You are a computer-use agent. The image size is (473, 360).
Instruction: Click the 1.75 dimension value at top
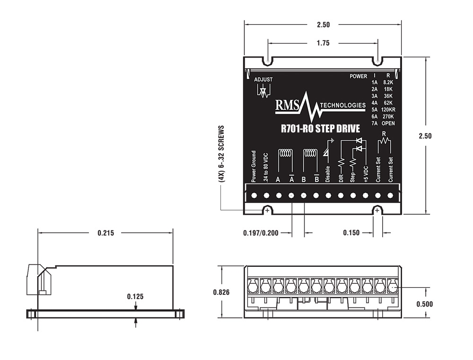pos(323,43)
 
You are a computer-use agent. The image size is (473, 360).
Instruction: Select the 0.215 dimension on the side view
pos(105,233)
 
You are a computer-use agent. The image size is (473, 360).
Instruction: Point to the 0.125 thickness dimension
pos(135,297)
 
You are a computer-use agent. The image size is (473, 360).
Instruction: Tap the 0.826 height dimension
pos(220,292)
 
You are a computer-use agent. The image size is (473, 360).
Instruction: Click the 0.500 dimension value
pos(424,304)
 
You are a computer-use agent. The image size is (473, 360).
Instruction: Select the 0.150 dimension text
pos(351,233)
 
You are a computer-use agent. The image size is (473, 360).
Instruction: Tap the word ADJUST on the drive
pos(263,79)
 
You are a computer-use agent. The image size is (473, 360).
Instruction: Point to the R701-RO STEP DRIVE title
pos(321,128)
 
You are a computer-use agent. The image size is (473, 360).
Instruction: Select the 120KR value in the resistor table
pos(388,109)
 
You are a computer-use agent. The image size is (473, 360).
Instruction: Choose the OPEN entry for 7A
pos(388,123)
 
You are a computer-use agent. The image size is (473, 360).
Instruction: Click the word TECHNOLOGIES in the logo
pos(342,105)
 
